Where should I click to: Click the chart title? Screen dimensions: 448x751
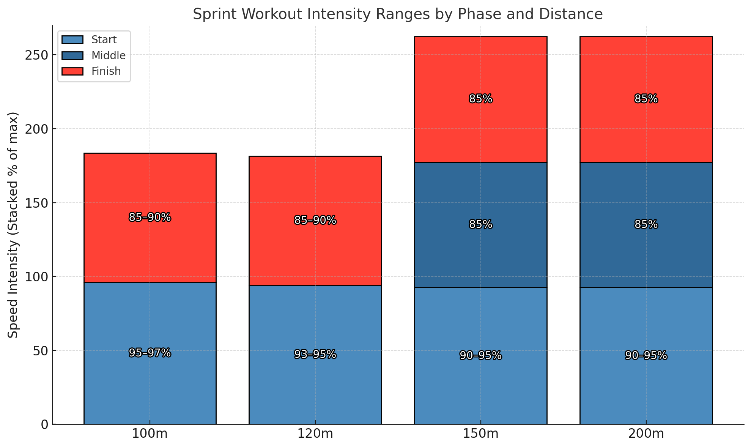[x=397, y=14]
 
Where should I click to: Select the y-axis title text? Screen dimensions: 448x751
[x=14, y=225]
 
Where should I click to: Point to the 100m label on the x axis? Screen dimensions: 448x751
[x=150, y=434]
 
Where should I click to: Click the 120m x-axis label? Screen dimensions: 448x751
[x=315, y=434]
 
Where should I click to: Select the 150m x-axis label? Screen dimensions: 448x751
[x=480, y=434]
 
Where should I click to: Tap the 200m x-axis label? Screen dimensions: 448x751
[x=646, y=434]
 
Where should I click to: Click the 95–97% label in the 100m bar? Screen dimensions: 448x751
[x=150, y=353]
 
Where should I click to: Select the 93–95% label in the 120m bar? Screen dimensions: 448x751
[x=315, y=355]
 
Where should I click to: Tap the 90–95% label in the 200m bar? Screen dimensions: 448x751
[x=646, y=356]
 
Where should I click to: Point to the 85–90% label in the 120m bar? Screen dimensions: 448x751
[x=315, y=220]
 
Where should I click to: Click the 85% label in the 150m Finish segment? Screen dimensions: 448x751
[x=480, y=99]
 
